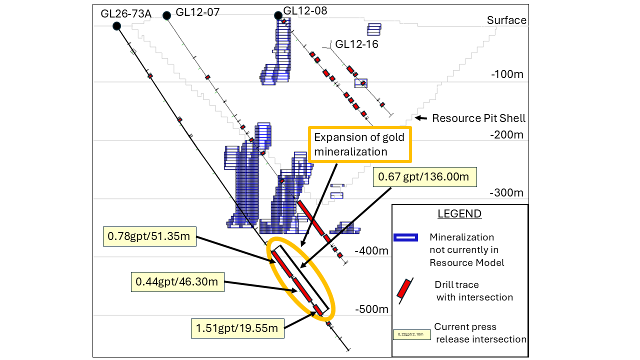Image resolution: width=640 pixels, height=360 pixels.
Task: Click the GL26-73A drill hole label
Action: pos(126,14)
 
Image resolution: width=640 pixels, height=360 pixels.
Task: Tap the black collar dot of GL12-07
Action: pos(167,16)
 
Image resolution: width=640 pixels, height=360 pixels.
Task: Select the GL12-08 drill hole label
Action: pos(305,10)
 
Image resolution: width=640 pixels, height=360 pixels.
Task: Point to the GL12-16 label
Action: pos(356,44)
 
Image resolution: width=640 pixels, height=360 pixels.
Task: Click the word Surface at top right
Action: pos(506,20)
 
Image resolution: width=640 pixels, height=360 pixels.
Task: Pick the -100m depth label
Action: pos(507,74)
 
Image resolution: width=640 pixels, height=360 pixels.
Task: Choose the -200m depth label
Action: pos(507,134)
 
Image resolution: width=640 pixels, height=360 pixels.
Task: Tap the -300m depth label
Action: pos(507,193)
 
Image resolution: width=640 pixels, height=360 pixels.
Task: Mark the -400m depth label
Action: pos(371,250)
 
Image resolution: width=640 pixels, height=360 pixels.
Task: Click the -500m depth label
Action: pos(371,309)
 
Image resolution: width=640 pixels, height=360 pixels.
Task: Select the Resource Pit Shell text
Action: pos(478,118)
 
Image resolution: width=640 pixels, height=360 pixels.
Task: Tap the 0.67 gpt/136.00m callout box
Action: pos(425,177)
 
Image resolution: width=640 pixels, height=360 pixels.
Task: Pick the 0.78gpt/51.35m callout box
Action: pos(149,236)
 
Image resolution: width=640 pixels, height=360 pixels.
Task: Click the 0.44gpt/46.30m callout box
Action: pos(177,282)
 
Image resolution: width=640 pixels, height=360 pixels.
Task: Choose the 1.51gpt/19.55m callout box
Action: pos(237,328)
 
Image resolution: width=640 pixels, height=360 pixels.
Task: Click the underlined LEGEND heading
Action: pos(459,214)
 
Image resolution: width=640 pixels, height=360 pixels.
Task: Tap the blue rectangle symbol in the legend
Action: pos(405,237)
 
